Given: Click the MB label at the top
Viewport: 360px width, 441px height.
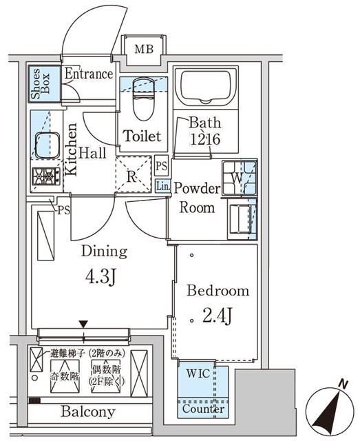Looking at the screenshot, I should (x=144, y=48).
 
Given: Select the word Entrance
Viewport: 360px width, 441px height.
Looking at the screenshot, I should (x=88, y=74).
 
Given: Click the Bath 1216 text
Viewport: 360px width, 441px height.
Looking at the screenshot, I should (x=205, y=131).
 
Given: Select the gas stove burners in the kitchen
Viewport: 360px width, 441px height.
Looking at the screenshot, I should (x=46, y=176).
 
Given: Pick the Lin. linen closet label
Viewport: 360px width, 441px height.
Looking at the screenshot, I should (x=162, y=185).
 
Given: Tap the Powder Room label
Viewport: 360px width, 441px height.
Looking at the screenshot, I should (x=196, y=198).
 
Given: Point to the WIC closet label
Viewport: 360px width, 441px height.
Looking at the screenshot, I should (x=200, y=374).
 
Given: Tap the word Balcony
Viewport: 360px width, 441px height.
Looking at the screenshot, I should (x=87, y=412).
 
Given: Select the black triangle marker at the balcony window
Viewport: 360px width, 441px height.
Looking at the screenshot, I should (x=83, y=324).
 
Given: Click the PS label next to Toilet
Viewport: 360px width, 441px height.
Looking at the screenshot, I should (x=162, y=166).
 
